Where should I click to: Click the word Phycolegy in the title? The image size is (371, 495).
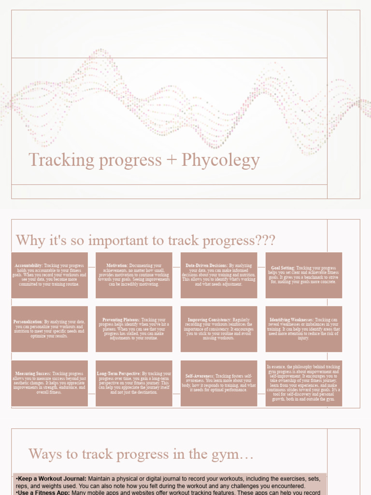pyautogui.click(x=221, y=160)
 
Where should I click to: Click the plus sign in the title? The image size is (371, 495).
pyautogui.click(x=171, y=160)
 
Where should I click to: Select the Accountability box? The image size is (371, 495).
pyautogui.click(x=50, y=275)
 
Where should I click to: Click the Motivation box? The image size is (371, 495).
pyautogui.click(x=134, y=275)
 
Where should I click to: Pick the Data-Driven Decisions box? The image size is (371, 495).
pyautogui.click(x=219, y=275)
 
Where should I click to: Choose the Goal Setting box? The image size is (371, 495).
pyautogui.click(x=304, y=275)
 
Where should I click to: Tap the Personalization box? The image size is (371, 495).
pyautogui.click(x=50, y=329)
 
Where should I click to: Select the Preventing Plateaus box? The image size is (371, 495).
pyautogui.click(x=134, y=329)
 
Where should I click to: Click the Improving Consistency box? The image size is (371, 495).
pyautogui.click(x=219, y=329)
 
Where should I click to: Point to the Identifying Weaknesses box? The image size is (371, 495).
pyautogui.click(x=304, y=329)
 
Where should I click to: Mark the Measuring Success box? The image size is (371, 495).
pyautogui.click(x=50, y=383)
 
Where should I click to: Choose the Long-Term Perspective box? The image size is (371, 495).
pyautogui.click(x=134, y=383)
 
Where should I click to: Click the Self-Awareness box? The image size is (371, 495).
pyautogui.click(x=219, y=383)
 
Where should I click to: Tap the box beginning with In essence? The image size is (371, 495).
pyautogui.click(x=304, y=383)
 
